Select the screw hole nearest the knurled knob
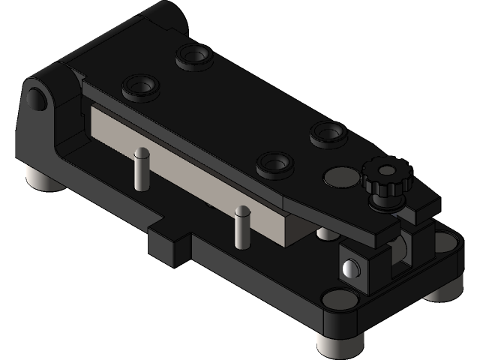coord(328,133)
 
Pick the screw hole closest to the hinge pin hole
coord(141,88)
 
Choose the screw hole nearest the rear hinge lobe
coord(193,55)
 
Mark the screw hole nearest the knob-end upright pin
coord(274,163)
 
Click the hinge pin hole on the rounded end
coord(34,97)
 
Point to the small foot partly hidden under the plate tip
coord(326,234)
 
